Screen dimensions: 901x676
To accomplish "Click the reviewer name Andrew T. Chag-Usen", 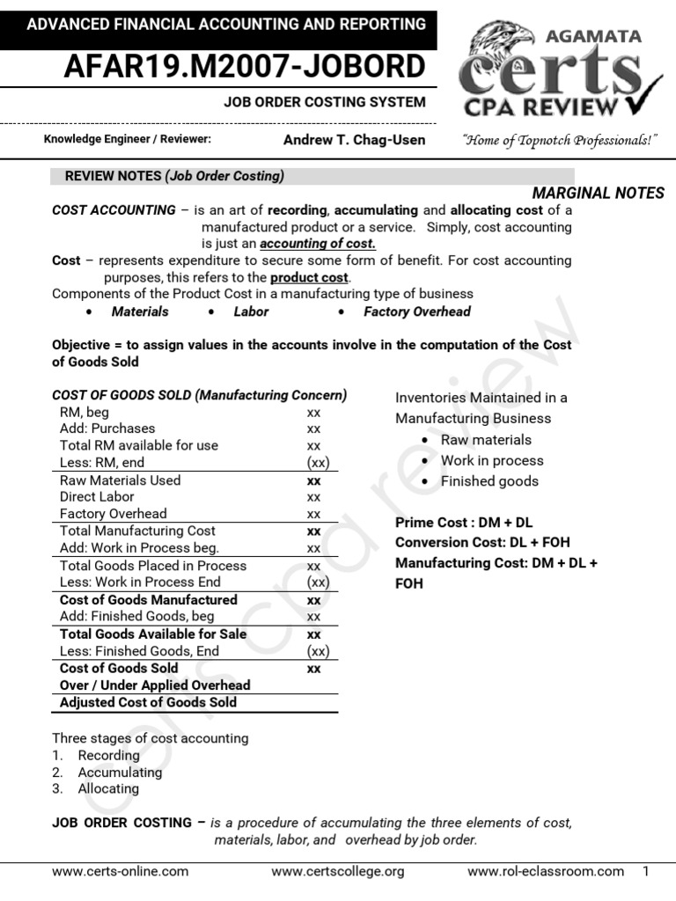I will coord(354,140).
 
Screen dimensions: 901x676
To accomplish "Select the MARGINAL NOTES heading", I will coord(599,194).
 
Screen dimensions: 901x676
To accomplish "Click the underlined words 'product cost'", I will coord(310,277).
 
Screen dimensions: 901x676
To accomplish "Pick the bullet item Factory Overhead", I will coord(416,311).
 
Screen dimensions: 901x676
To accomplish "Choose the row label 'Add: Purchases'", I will coord(107,429).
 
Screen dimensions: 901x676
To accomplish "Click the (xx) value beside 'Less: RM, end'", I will coord(318,463).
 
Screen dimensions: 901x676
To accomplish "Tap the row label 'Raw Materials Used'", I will coord(120,480).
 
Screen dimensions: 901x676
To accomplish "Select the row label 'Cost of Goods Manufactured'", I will coord(148,600).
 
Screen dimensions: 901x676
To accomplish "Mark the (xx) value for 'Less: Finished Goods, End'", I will coord(318,652).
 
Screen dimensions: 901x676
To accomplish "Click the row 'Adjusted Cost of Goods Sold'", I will coord(148,702).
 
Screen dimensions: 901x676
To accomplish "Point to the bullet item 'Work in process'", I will coord(492,460).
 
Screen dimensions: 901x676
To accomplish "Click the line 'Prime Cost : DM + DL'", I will coord(459,523).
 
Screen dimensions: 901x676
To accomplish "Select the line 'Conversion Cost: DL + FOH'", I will coord(481,542).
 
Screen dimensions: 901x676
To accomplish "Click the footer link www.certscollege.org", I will coord(338,871).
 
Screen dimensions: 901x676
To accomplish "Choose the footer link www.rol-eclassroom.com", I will coord(545,871).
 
